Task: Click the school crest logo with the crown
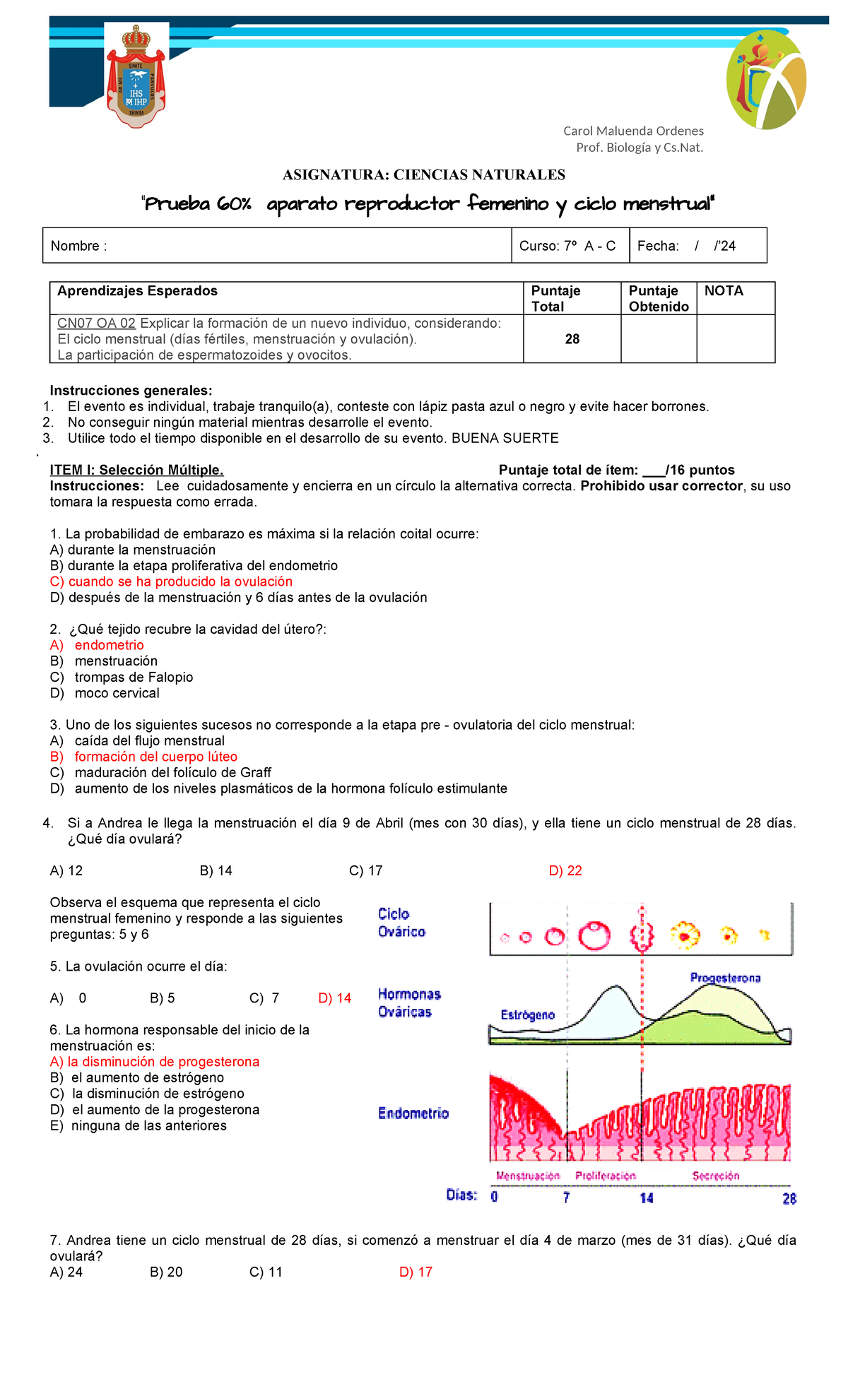click(x=136, y=76)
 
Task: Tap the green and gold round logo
click(x=766, y=80)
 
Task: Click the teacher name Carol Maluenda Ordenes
click(x=633, y=131)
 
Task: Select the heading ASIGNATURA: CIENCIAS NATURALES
click(x=423, y=174)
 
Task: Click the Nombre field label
click(x=78, y=246)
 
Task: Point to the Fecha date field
click(x=686, y=246)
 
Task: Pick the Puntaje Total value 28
click(x=572, y=339)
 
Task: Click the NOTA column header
click(x=724, y=291)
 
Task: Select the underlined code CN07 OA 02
click(x=96, y=324)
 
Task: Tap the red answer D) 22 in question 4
click(x=565, y=870)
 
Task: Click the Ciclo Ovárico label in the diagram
click(x=401, y=923)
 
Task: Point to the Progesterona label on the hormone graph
click(x=725, y=978)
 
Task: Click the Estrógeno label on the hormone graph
click(x=527, y=1015)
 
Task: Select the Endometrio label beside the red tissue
click(x=413, y=1113)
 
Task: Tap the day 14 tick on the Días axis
click(x=646, y=1198)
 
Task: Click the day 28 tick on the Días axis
click(x=789, y=1198)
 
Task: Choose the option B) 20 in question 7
click(x=166, y=1272)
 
